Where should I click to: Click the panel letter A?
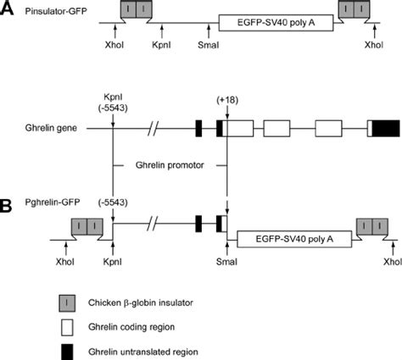click(x=8, y=8)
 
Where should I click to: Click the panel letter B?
click(x=8, y=206)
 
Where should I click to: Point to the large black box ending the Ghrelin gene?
click(x=387, y=129)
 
